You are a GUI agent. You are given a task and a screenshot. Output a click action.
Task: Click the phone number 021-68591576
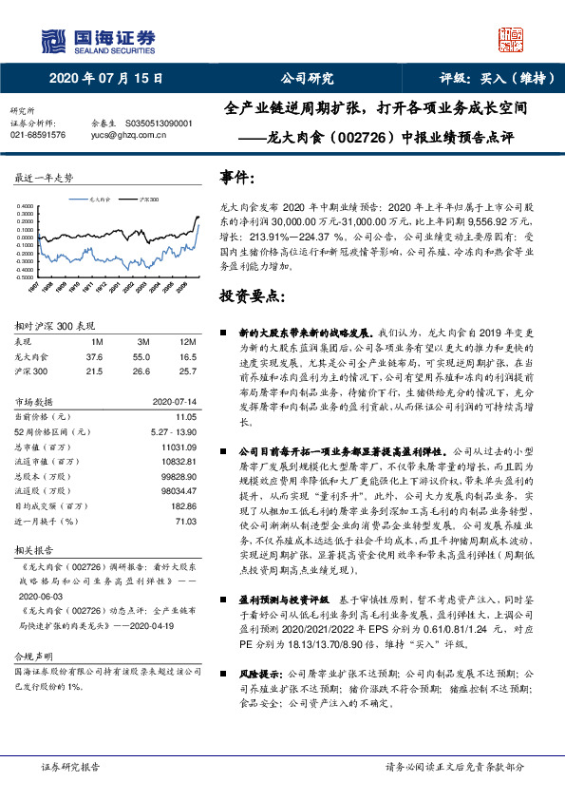click(x=37, y=135)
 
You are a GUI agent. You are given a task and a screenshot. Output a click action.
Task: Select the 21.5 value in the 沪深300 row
click(x=94, y=370)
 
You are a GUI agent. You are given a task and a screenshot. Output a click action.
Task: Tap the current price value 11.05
click(x=185, y=416)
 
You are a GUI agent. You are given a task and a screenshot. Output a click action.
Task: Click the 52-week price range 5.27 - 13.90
click(x=174, y=430)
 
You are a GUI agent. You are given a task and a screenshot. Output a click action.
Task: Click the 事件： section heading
click(x=237, y=178)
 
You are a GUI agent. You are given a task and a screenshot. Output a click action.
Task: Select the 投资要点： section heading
click(x=253, y=296)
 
